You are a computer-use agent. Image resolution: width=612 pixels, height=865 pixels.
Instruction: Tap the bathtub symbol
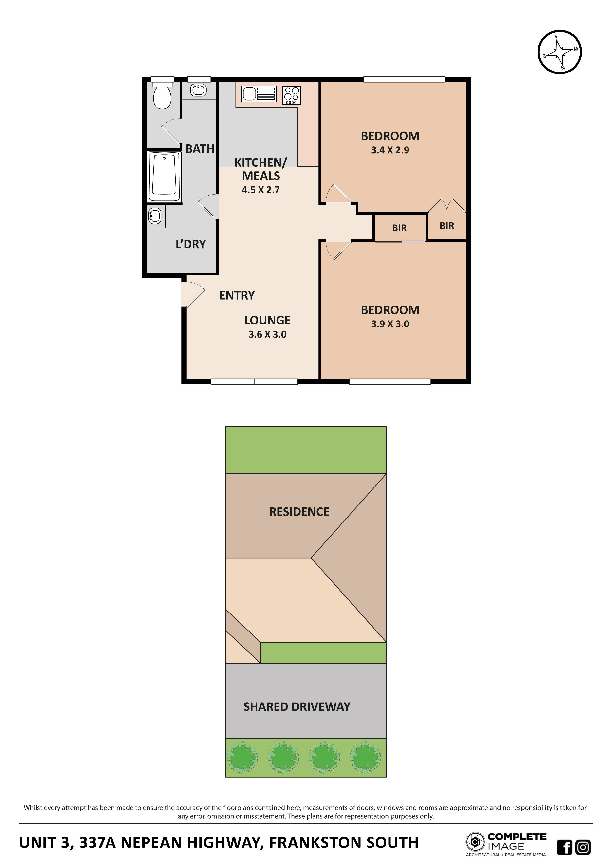coord(164,177)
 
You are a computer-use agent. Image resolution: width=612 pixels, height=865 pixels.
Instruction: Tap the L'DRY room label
coord(191,245)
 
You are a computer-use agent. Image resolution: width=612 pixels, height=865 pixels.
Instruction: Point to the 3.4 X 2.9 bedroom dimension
coord(390,150)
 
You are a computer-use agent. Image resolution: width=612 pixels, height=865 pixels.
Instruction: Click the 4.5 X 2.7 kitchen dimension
coord(260,190)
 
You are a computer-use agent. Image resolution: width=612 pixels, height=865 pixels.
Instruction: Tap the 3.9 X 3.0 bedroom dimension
coord(390,324)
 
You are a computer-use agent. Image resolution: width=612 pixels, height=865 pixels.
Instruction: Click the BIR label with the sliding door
coord(399,228)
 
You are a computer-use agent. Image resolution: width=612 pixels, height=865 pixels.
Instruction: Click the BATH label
coord(200,149)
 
